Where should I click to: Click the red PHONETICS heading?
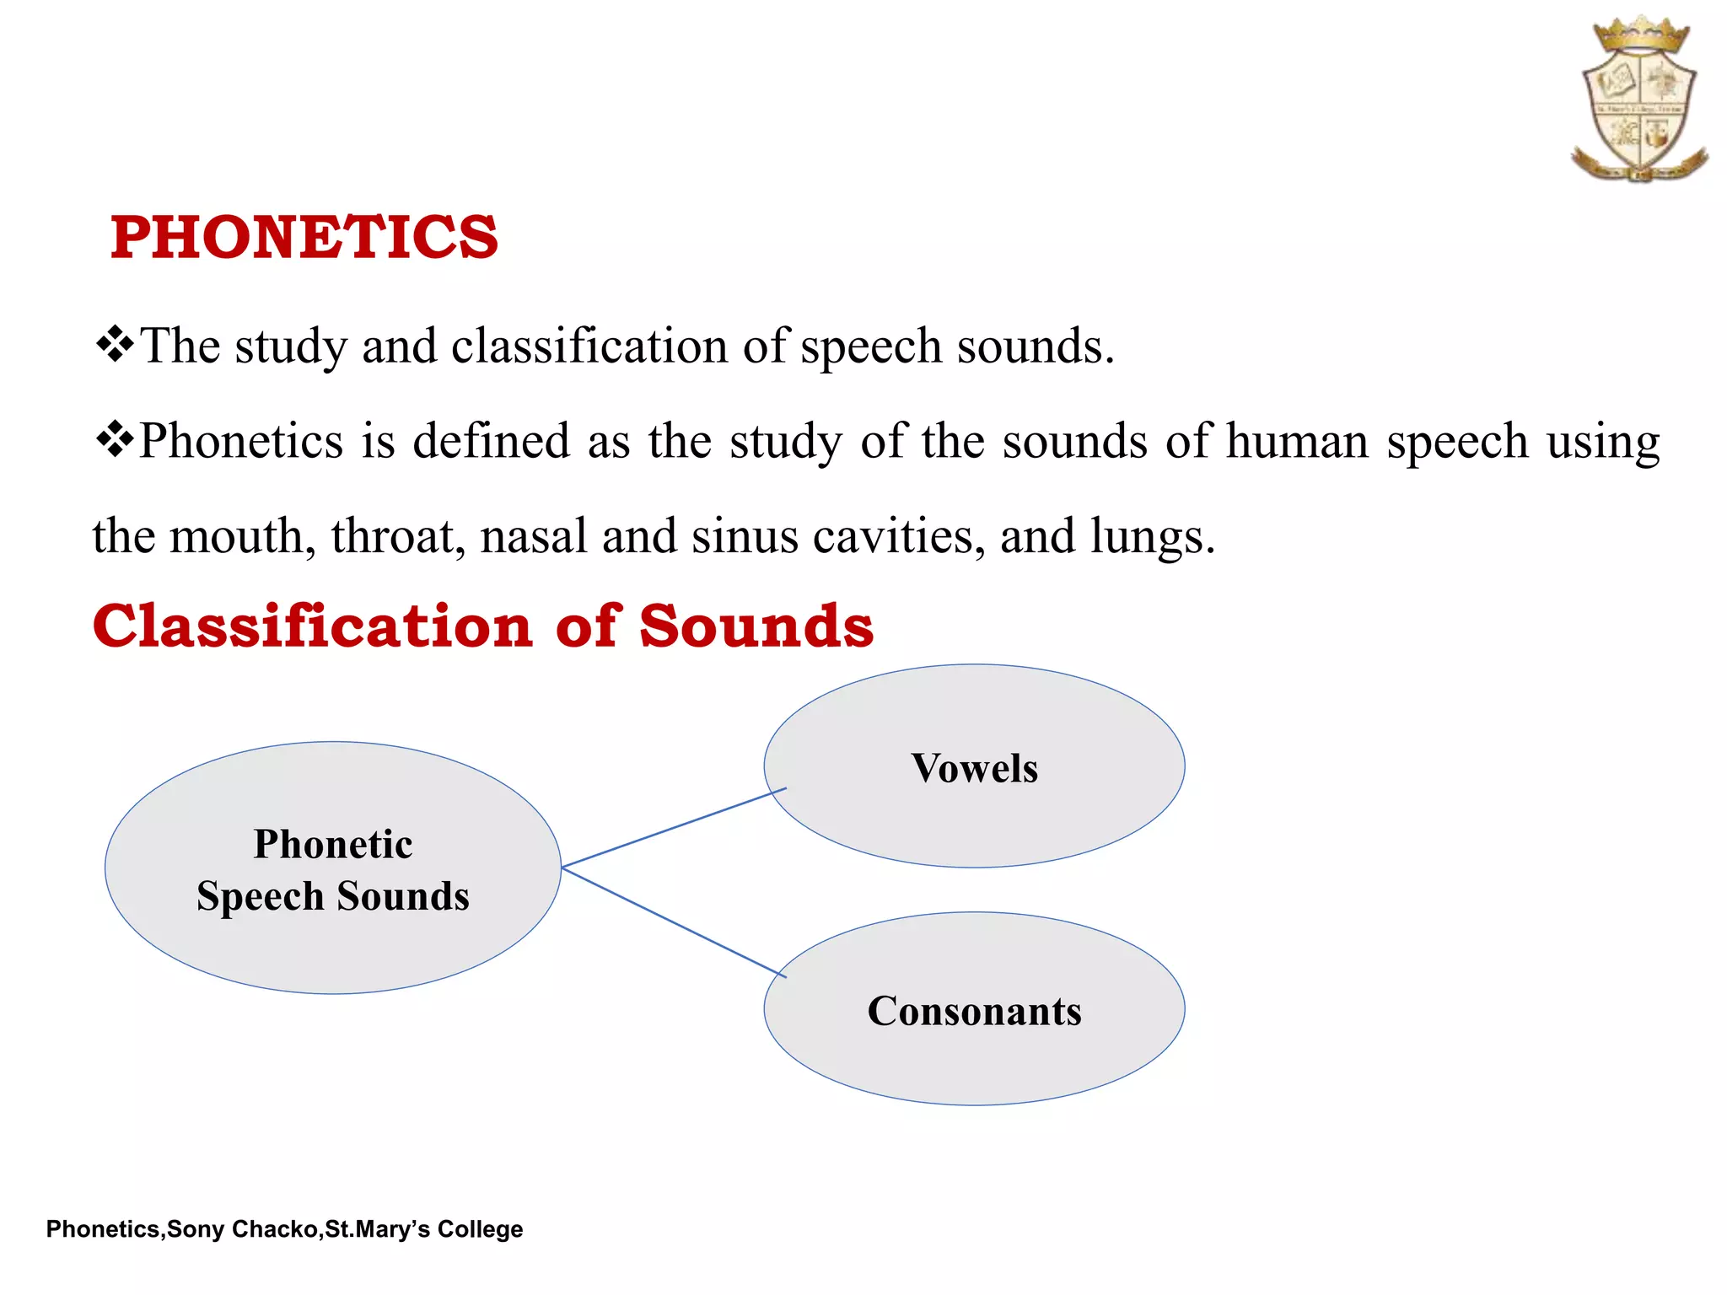click(304, 237)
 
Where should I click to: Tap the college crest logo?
click(1639, 99)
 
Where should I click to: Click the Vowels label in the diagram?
click(974, 768)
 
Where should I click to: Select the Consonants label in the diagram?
click(974, 1011)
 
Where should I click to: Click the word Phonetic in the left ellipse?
click(333, 844)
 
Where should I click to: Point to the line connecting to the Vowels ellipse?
click(674, 827)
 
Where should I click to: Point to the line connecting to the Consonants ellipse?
click(674, 923)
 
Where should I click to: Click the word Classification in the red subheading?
click(313, 626)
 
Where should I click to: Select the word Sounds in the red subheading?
click(756, 626)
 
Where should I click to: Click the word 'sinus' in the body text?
click(744, 536)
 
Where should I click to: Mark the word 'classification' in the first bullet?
click(589, 347)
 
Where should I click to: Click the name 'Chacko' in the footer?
click(274, 1229)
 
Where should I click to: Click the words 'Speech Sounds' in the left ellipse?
click(333, 895)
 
